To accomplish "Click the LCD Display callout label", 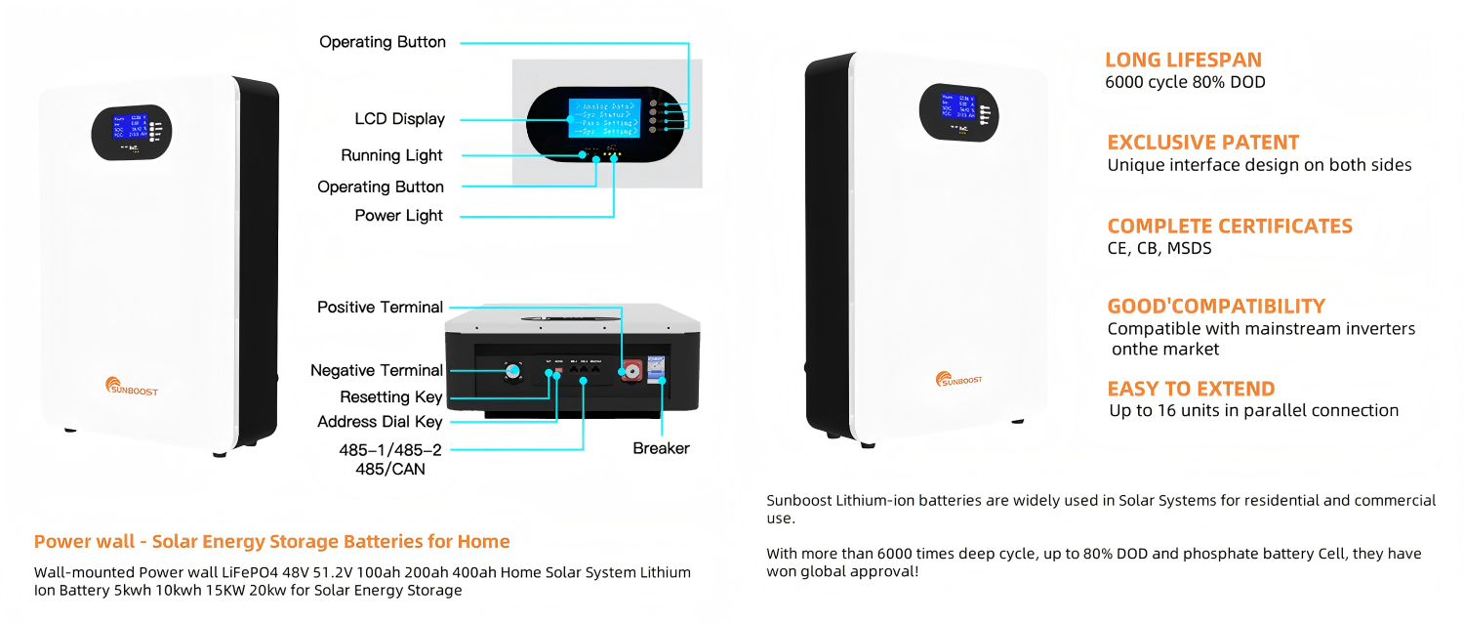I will [399, 119].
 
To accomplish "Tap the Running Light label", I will [391, 155].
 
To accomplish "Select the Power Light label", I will [398, 216].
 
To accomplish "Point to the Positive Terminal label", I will [380, 308].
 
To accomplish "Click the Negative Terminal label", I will [376, 371].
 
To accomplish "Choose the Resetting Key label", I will [390, 397].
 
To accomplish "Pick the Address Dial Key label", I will [380, 422].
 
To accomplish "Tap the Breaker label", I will [661, 448].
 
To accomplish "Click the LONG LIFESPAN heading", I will [1183, 60].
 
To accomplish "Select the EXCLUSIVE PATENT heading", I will [1202, 143].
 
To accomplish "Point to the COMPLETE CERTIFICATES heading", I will [1230, 227].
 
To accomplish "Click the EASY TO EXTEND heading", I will [1191, 389].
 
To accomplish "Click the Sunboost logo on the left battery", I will [131, 388].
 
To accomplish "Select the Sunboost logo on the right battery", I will [958, 379].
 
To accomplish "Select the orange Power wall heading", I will [271, 542].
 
